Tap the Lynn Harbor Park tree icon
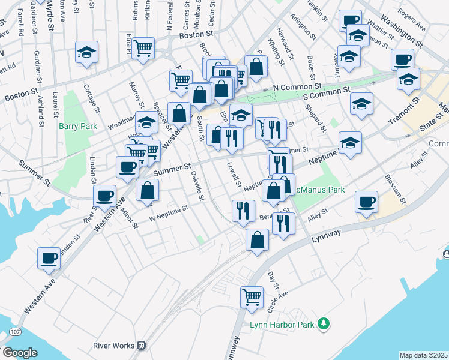(325, 323)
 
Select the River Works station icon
(142, 346)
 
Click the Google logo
(20, 353)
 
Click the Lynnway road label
(327, 236)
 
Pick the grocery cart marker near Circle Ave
(252, 296)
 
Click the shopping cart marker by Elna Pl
(143, 47)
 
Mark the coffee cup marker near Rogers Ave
(402, 59)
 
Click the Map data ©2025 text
(423, 355)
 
